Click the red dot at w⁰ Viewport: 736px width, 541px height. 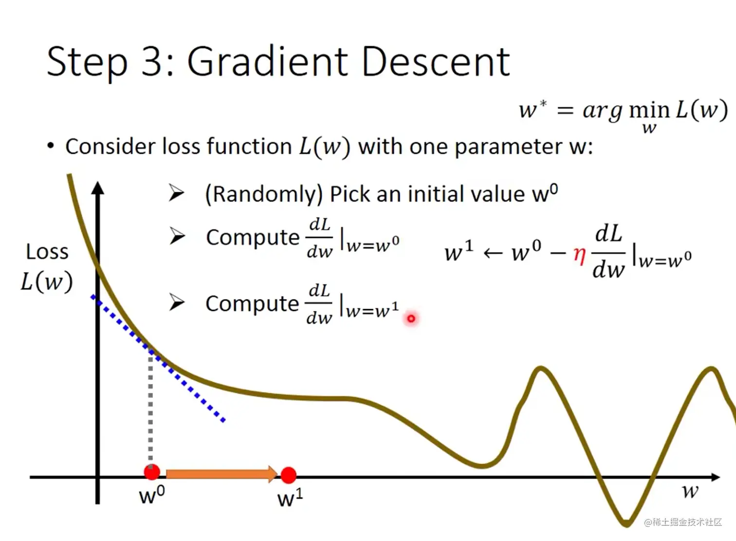(x=152, y=472)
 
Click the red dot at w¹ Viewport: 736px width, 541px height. (x=289, y=475)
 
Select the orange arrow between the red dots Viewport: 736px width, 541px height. (x=222, y=474)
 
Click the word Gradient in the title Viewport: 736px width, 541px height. (x=268, y=62)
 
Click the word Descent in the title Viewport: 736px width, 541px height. (x=436, y=62)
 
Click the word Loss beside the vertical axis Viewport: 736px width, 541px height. (x=47, y=252)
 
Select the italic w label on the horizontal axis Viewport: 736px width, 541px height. (x=690, y=491)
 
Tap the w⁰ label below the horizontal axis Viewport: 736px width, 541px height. (x=152, y=495)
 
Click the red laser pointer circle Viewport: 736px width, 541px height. (x=411, y=318)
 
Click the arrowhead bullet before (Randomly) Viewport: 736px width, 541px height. (x=176, y=193)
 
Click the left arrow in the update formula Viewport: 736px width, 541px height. (x=493, y=253)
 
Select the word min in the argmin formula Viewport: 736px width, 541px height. (x=649, y=110)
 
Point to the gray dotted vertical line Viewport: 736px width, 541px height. (x=150, y=408)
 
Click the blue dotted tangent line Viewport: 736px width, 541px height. (x=158, y=358)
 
